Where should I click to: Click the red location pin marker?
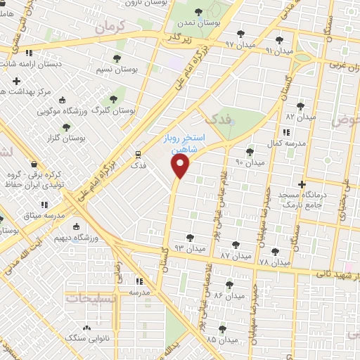tap(181, 166)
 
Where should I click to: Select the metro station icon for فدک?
tap(139, 155)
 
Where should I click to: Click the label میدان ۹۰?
tap(250, 162)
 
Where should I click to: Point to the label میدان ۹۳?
tap(190, 248)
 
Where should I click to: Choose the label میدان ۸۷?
tap(235, 256)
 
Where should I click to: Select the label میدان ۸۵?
tap(221, 340)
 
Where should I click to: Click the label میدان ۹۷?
tap(239, 44)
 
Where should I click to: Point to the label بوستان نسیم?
tap(117, 70)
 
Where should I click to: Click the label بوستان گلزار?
tap(67, 139)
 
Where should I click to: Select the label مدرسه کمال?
tap(285, 143)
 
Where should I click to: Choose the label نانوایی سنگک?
tap(86, 338)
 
